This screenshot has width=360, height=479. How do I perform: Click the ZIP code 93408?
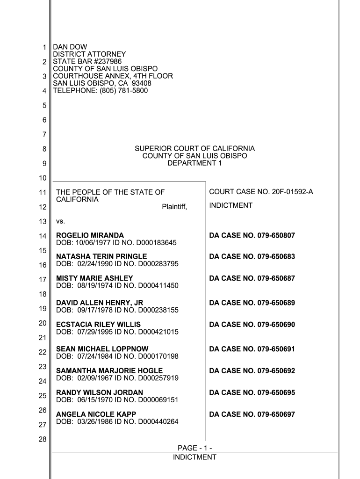click(x=142, y=83)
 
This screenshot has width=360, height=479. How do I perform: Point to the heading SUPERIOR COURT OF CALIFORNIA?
click(x=194, y=149)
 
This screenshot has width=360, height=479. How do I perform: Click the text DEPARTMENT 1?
click(x=194, y=163)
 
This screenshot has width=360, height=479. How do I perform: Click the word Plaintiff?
click(x=174, y=207)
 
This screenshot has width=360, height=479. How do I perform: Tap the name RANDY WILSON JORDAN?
click(x=100, y=392)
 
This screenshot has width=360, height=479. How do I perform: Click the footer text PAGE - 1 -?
click(x=194, y=449)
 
